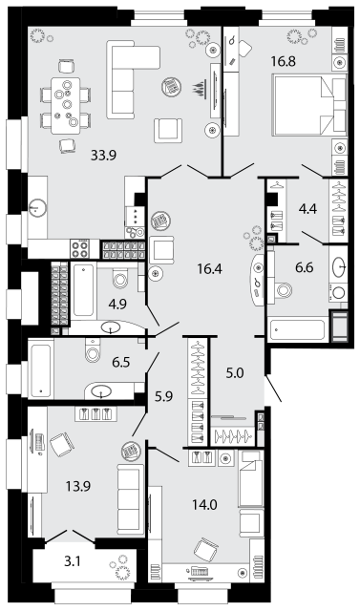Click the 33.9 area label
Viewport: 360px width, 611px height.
click(x=104, y=156)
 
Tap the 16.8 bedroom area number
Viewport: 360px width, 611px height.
click(x=284, y=61)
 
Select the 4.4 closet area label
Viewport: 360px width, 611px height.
click(x=307, y=209)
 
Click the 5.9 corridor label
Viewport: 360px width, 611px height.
click(x=163, y=396)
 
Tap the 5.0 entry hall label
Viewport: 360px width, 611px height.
click(x=235, y=373)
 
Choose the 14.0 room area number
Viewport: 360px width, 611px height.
click(x=204, y=505)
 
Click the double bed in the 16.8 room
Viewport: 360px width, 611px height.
click(x=310, y=106)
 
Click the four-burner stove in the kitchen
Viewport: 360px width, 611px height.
click(x=80, y=248)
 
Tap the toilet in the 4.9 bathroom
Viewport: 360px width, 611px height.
click(x=119, y=278)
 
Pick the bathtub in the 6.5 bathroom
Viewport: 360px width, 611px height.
click(x=40, y=369)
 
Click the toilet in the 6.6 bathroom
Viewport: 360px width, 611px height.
click(x=282, y=289)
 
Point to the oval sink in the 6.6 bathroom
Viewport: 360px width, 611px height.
click(x=338, y=266)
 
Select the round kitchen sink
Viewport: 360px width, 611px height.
click(x=38, y=207)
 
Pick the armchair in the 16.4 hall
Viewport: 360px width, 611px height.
click(x=161, y=249)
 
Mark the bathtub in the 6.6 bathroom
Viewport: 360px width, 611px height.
click(x=296, y=331)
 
